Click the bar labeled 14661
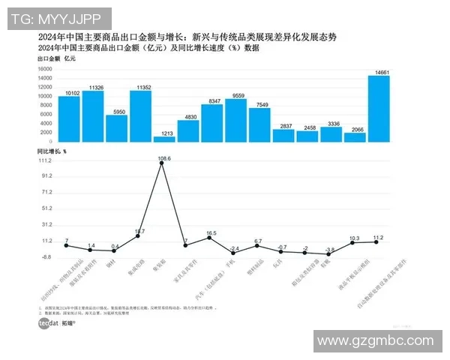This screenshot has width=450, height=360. pyautogui.click(x=379, y=108)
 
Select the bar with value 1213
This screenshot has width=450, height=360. pyautogui.click(x=164, y=138)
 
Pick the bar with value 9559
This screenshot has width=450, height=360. pyautogui.click(x=235, y=120)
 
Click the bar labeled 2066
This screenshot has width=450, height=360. pyautogui.click(x=355, y=136)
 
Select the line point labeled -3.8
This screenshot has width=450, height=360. pyautogui.click(x=331, y=254)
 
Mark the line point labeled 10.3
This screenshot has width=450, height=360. pyautogui.click(x=355, y=242)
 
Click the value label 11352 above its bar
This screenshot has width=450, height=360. pyautogui.click(x=140, y=87)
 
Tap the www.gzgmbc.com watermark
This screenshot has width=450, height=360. pyautogui.click(x=375, y=341)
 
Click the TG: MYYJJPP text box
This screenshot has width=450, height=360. pyautogui.click(x=58, y=16)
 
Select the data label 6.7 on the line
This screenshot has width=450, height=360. pyautogui.click(x=259, y=241)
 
